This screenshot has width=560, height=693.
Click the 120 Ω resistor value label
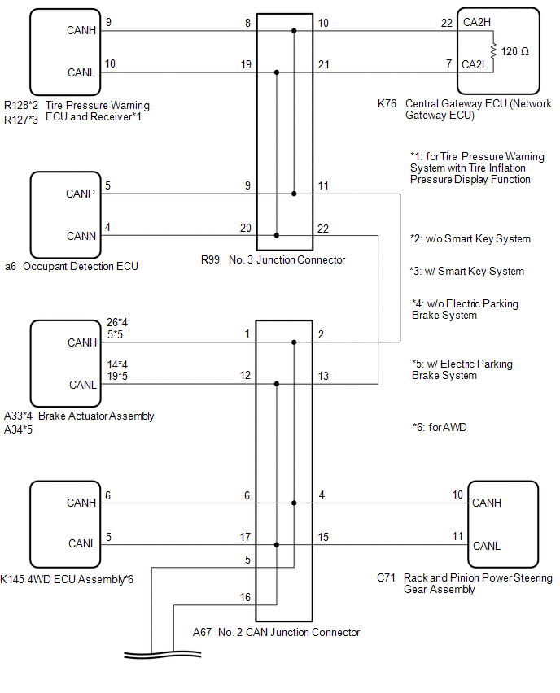[515, 51]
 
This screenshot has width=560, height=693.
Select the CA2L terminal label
[476, 63]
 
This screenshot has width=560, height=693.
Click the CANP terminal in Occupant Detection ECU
[81, 194]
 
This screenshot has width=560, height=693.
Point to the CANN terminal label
[81, 236]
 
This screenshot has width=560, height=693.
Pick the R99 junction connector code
[212, 260]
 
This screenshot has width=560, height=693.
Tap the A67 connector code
[203, 632]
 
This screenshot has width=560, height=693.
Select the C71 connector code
[386, 578]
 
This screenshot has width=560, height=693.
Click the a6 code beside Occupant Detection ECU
[10, 266]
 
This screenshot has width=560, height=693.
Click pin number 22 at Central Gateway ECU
[447, 24]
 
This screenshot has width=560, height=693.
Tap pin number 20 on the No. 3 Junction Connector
[246, 228]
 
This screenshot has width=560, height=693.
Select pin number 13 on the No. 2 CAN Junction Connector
[323, 376]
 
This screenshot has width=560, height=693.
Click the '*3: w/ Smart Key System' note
[467, 271]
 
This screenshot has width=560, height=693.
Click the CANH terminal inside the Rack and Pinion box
[488, 503]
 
